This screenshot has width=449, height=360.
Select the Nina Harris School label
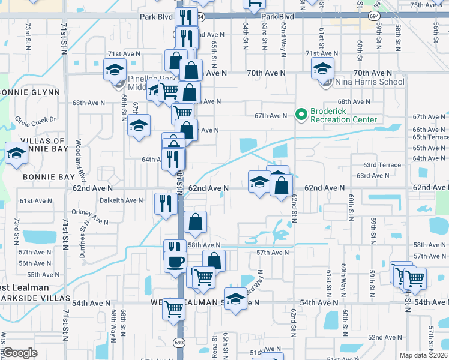[x=370, y=82]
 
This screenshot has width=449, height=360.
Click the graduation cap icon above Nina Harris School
[x=323, y=69]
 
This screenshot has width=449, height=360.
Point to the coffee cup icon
[x=175, y=262]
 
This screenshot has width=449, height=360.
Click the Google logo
[x=20, y=353]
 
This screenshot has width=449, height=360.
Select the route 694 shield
[x=199, y=17]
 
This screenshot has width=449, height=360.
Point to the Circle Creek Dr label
[x=35, y=119]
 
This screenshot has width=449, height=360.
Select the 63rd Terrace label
[x=382, y=165]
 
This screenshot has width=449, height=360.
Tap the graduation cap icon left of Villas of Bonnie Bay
[x=16, y=154]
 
